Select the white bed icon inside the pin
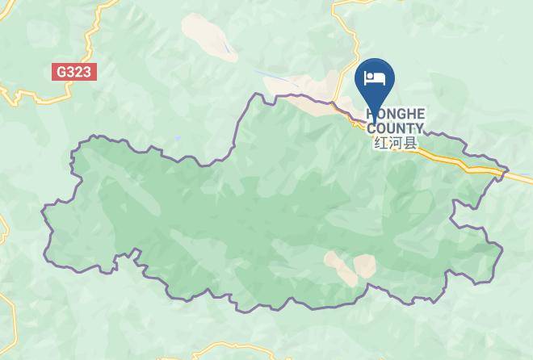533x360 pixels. [375, 77]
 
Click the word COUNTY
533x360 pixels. [395, 128]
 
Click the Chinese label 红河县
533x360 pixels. [395, 143]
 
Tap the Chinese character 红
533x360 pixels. [380, 143]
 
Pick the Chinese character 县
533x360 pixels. [409, 143]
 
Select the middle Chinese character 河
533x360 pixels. [395, 143]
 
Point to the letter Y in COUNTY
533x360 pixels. [418, 128]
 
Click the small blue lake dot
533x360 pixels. [177, 138]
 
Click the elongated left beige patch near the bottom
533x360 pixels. [339, 267]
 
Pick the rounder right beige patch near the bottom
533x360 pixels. [364, 266]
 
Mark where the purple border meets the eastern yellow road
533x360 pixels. [506, 171]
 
